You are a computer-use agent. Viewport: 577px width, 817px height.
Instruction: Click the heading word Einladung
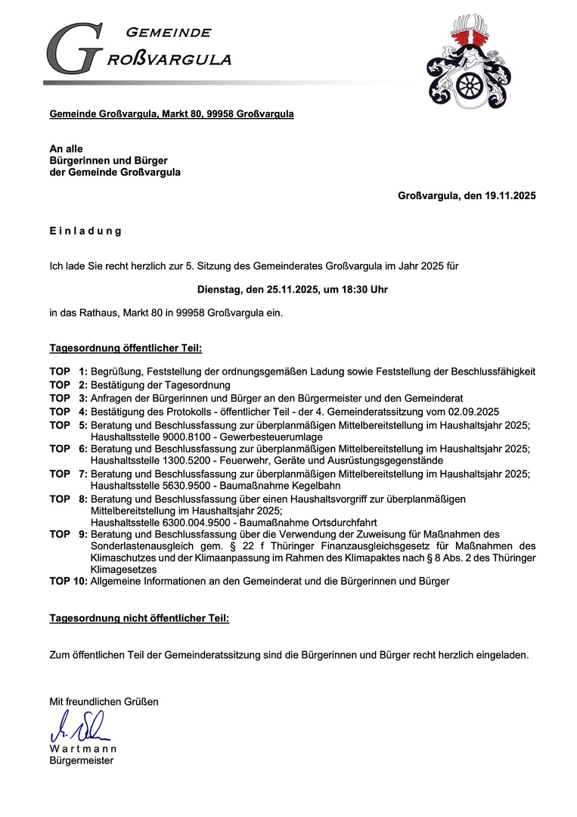[x=85, y=231]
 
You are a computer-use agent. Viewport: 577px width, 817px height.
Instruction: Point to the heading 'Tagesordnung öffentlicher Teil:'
[x=126, y=349]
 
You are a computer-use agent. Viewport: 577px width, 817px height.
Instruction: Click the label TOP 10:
[x=68, y=581]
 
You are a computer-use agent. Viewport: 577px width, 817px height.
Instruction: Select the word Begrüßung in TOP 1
[x=116, y=371]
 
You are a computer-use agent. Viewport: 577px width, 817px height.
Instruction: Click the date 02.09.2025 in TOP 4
[x=472, y=412]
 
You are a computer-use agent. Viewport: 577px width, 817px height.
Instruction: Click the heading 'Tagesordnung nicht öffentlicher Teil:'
[x=139, y=618]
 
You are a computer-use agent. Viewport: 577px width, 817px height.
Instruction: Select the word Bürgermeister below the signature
[x=82, y=760]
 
